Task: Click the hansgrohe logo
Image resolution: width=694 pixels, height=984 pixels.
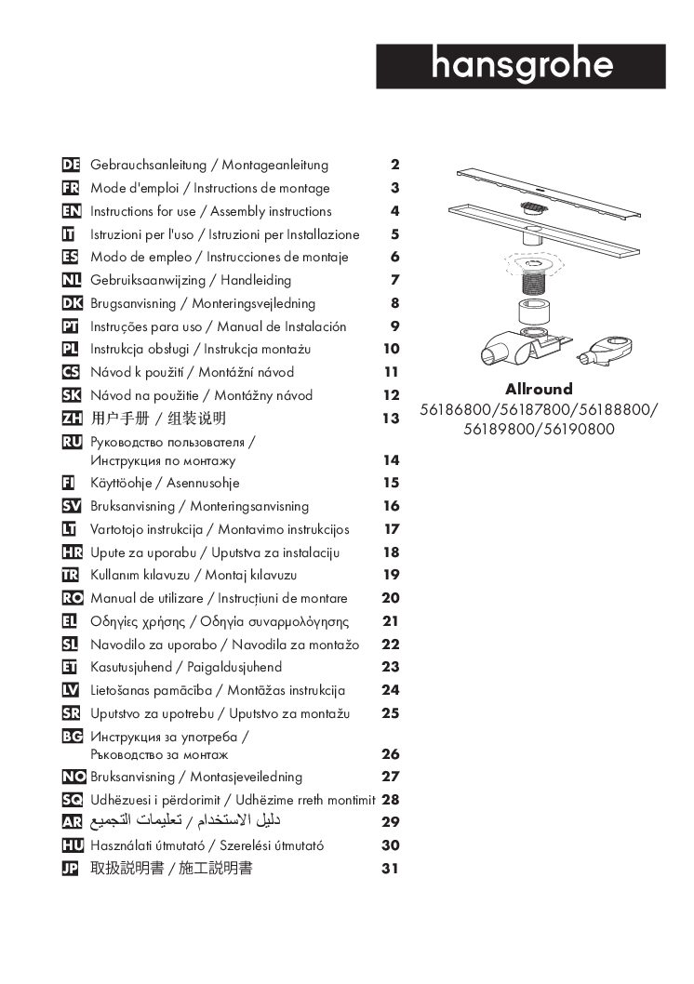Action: [521, 66]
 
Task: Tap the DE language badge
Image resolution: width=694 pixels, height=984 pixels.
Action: [70, 166]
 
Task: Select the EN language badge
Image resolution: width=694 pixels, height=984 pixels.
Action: [70, 211]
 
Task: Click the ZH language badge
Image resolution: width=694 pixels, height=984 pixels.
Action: [71, 419]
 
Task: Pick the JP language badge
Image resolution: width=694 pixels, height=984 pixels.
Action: [70, 869]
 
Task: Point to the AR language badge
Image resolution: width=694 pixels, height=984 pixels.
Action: [71, 822]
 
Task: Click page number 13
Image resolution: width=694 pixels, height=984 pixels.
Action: [391, 419]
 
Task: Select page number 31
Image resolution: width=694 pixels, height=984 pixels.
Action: [391, 869]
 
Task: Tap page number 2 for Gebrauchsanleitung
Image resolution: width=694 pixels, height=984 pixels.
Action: [394, 166]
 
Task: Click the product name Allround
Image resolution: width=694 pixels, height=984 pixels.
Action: [539, 390]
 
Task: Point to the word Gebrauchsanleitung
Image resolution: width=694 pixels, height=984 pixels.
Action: [149, 166]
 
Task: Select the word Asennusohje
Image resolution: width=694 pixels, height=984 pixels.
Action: [203, 483]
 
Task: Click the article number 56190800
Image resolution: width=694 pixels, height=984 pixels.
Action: [576, 430]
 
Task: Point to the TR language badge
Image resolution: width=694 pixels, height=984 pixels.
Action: [70, 575]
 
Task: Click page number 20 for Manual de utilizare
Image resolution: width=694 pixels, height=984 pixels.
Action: [391, 598]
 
